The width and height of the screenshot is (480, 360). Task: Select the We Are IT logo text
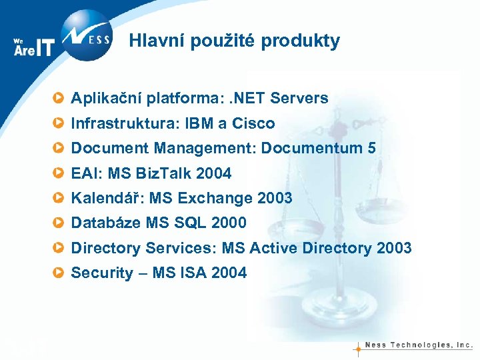coord(33,47)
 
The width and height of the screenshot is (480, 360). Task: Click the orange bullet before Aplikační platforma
coord(60,99)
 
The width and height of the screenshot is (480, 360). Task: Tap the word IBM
coord(199,123)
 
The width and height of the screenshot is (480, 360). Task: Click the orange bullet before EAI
coord(60,173)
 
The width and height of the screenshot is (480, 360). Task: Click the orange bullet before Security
coord(60,273)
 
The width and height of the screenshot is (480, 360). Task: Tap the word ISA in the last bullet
coord(193,273)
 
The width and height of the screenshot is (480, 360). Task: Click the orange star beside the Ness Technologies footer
coord(358,347)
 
